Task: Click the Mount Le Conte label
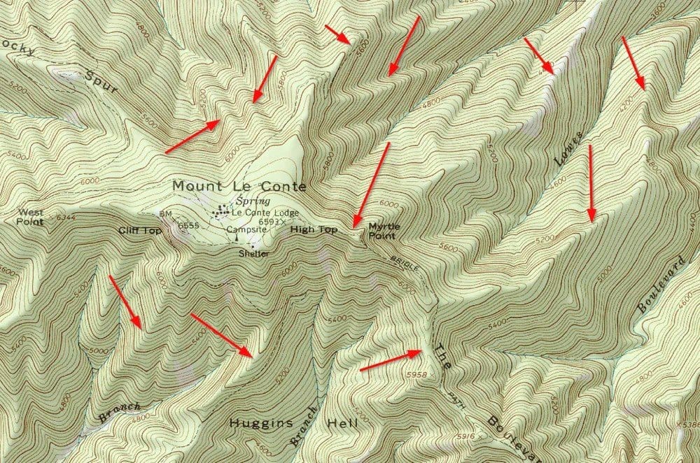(x=239, y=187)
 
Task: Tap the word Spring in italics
(x=241, y=201)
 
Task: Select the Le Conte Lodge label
(x=265, y=212)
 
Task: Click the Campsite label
(x=246, y=229)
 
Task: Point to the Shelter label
(x=253, y=254)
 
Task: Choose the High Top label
(x=313, y=229)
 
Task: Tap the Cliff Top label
(x=140, y=231)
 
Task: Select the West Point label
(x=30, y=217)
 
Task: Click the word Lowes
(x=568, y=148)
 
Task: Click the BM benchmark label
(x=165, y=214)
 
